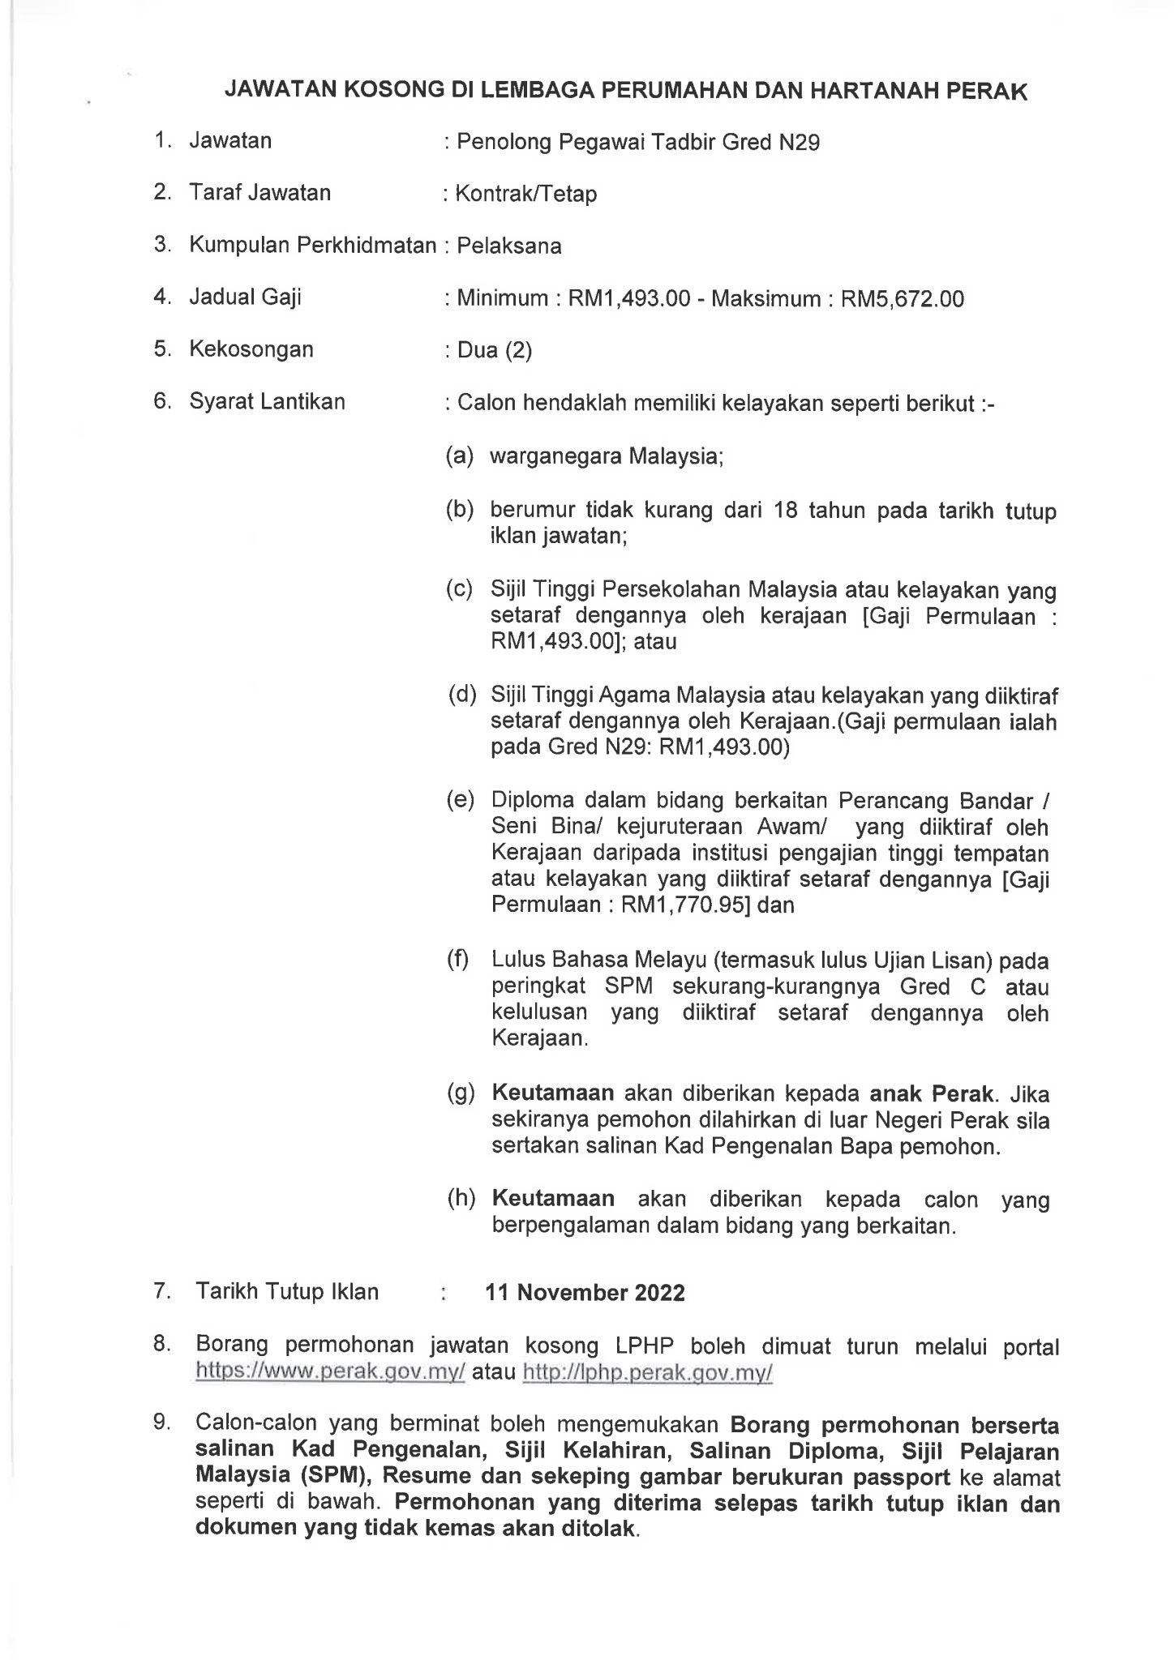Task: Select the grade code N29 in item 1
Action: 799,143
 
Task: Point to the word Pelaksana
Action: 508,246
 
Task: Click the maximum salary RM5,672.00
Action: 902,299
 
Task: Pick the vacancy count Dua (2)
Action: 494,350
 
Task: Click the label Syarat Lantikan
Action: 267,401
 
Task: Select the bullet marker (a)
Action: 459,456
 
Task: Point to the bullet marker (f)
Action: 459,960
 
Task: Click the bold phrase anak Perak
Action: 931,1093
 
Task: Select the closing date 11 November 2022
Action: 585,1293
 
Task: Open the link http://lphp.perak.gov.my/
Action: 648,1373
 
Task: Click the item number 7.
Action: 161,1291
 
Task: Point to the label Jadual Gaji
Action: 245,297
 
